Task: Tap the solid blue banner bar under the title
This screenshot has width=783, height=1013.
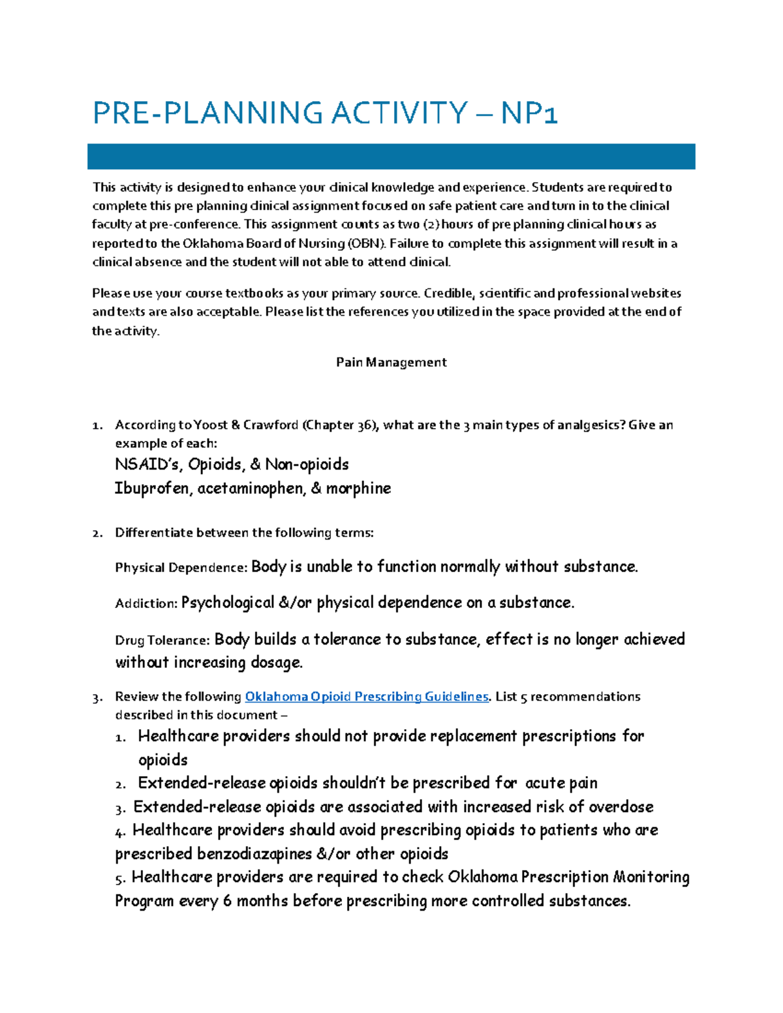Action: click(391, 157)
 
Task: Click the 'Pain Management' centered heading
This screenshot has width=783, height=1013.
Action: click(391, 362)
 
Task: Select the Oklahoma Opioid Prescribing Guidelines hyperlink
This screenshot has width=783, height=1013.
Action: click(366, 697)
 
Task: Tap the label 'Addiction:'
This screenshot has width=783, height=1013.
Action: click(146, 603)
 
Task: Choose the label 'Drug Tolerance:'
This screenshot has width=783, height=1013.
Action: click(162, 640)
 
